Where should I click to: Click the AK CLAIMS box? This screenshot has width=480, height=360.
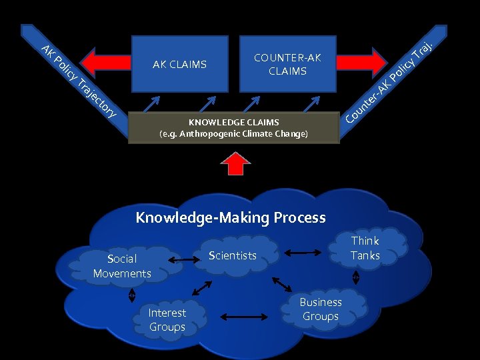(x=179, y=64)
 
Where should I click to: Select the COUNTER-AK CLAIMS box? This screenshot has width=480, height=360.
(x=287, y=64)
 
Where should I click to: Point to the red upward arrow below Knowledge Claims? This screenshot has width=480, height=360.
(x=234, y=163)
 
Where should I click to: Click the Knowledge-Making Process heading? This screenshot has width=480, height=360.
(x=231, y=217)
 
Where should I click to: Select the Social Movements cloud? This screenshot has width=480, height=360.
(x=122, y=266)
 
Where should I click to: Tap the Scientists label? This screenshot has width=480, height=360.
(x=232, y=255)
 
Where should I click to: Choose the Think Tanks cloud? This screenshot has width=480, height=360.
(x=365, y=248)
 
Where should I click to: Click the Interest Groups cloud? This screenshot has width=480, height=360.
(x=167, y=320)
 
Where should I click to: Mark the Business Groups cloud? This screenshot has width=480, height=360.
(x=321, y=309)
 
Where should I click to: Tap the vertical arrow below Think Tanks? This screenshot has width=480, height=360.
(x=356, y=276)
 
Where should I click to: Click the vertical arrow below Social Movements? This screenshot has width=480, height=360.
(x=131, y=294)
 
